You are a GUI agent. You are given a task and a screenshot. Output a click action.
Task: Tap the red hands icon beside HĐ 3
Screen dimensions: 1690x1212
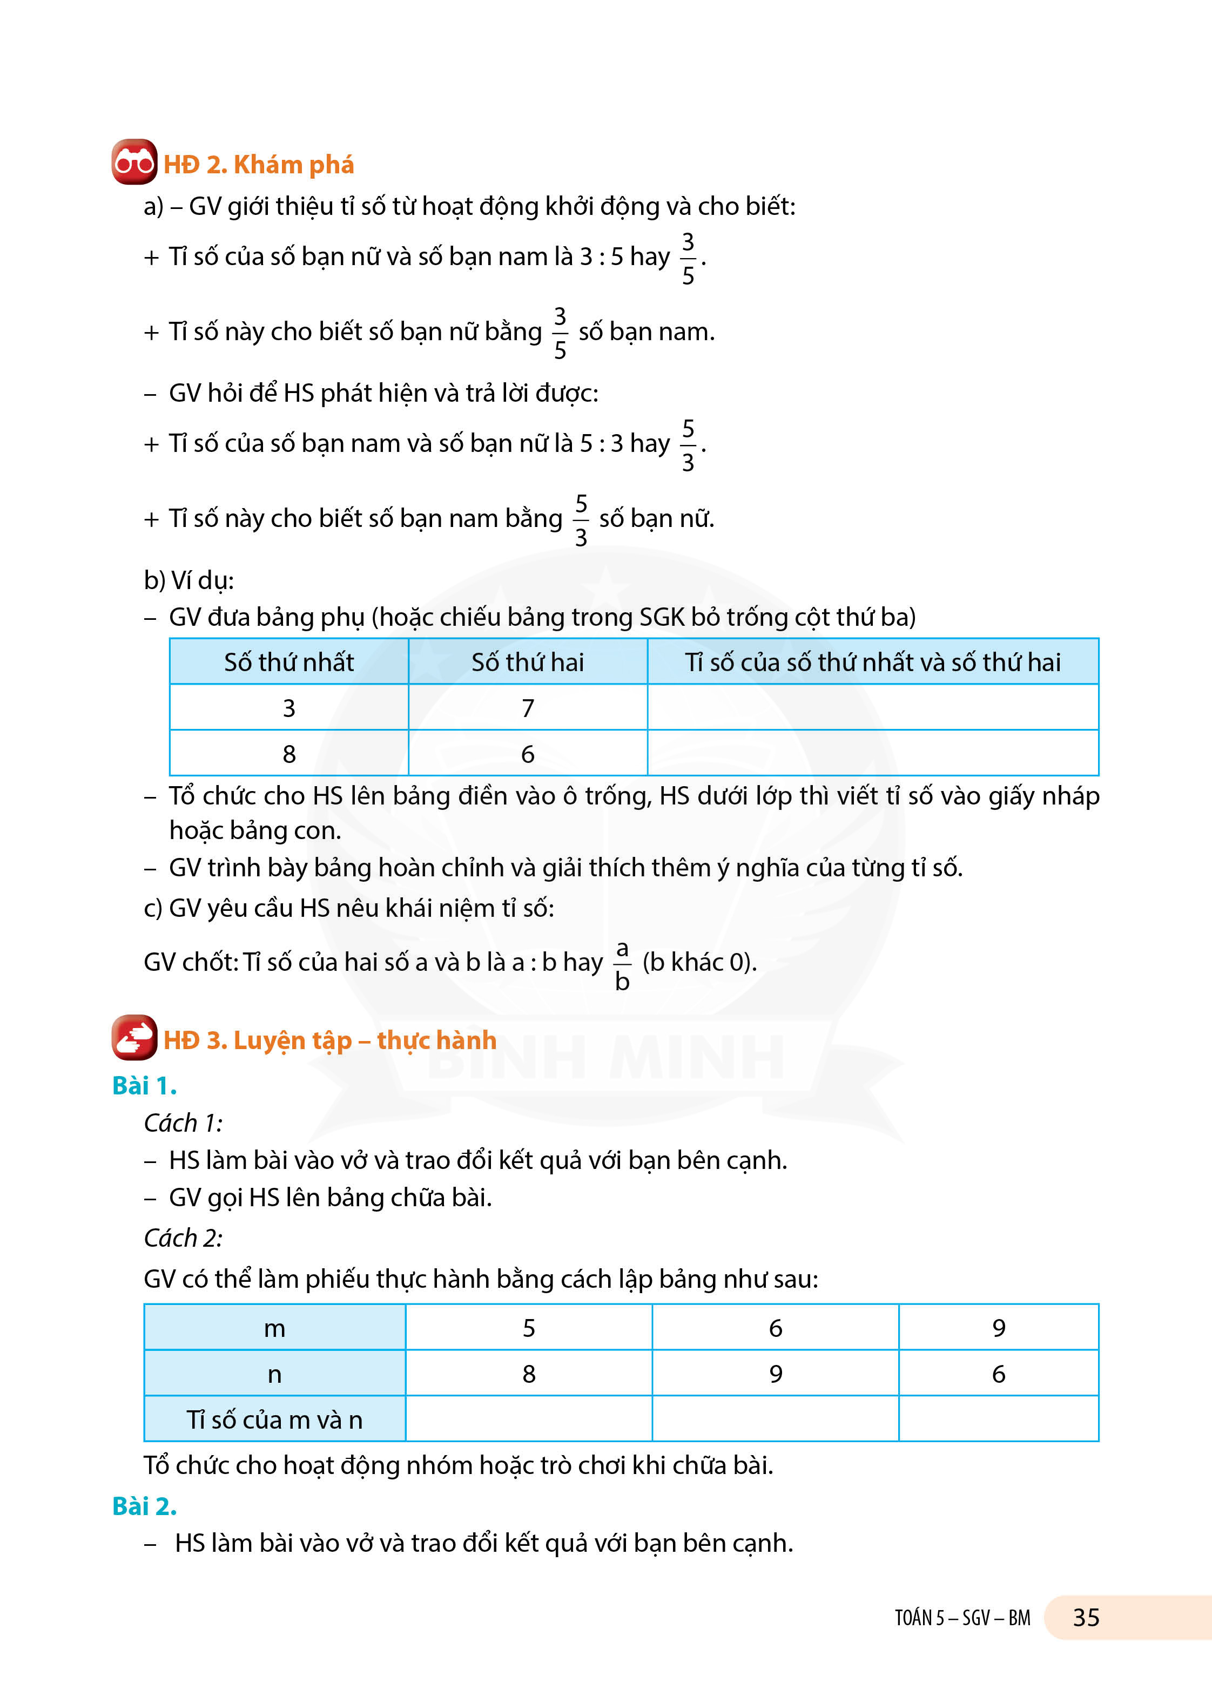coord(134,1037)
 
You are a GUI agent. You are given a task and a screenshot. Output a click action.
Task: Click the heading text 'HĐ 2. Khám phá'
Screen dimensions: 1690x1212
coord(259,165)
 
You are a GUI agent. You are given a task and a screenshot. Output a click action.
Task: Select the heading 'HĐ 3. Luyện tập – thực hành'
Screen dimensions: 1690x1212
coord(329,1040)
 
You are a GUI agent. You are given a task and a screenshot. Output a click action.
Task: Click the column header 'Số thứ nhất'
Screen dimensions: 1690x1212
coord(288,662)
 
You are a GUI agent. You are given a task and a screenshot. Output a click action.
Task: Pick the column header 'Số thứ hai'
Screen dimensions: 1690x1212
coord(528,662)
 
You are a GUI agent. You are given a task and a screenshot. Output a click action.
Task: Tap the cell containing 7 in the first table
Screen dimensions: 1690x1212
coord(528,708)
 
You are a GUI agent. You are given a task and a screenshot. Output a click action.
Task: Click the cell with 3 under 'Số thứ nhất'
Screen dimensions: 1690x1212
coord(288,708)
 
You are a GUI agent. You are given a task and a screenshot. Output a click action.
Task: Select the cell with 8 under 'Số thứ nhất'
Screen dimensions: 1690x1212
coord(288,754)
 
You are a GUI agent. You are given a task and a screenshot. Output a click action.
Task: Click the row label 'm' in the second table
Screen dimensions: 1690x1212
coord(274,1328)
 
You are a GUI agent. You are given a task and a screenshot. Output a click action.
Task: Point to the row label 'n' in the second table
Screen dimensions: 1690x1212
coord(274,1374)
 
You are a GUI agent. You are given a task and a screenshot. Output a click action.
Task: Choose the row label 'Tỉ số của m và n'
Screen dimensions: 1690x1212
coord(274,1420)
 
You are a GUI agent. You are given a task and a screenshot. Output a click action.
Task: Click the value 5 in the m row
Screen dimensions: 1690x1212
coord(528,1328)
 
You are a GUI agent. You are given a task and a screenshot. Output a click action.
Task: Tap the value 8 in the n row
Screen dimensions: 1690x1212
coord(528,1374)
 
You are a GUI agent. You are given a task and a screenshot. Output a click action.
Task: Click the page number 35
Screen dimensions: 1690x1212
coord(1086,1618)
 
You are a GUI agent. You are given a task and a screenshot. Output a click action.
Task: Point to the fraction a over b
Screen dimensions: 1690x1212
coord(622,965)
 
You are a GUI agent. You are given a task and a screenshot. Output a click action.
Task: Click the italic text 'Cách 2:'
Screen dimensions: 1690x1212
coord(183,1238)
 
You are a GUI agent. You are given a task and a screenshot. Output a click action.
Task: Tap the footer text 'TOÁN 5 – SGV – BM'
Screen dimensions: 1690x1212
coord(962,1618)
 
